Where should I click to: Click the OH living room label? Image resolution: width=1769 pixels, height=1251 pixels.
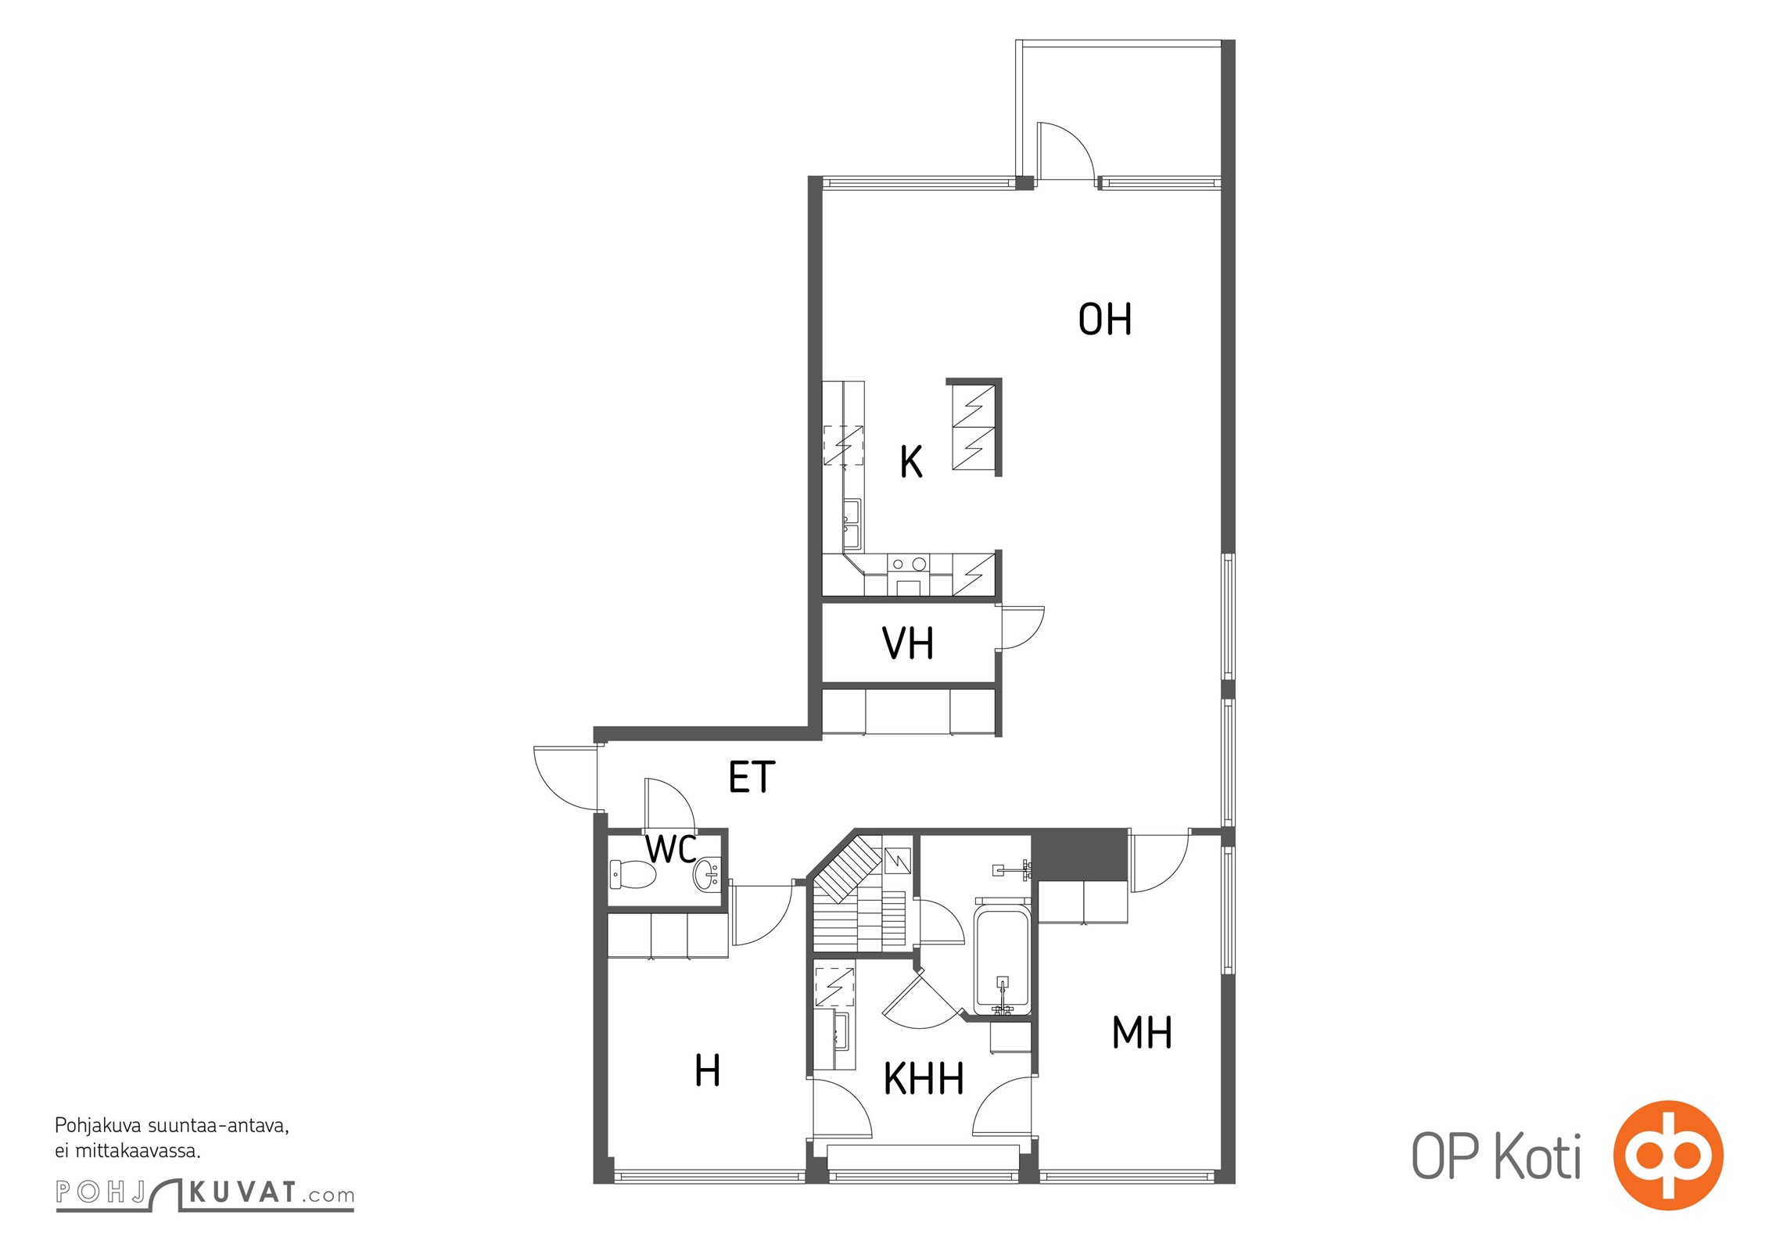click(1104, 319)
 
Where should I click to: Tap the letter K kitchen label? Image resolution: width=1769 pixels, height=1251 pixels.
click(911, 461)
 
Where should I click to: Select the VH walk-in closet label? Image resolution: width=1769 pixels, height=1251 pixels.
click(907, 643)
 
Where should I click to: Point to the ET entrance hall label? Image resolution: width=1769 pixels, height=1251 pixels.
click(752, 776)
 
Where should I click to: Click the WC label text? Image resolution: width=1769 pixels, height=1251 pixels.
click(671, 849)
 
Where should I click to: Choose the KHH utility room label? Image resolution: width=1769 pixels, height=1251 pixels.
click(924, 1079)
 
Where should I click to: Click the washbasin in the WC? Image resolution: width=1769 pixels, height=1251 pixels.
click(706, 874)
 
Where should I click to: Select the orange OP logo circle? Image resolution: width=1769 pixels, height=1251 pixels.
click(1667, 1155)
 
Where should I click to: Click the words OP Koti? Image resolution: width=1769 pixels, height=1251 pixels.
click(1496, 1156)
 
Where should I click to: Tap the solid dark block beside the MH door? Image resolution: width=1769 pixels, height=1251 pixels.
click(1080, 855)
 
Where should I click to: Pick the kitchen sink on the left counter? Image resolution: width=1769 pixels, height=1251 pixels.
click(852, 525)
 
